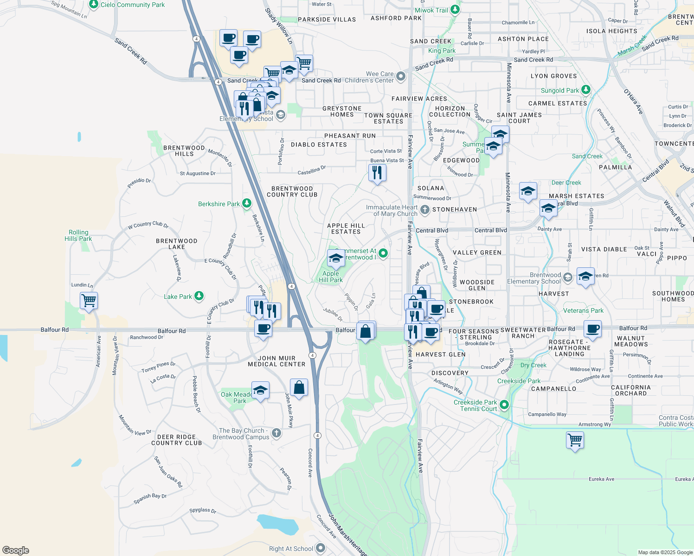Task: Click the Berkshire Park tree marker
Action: point(247,203)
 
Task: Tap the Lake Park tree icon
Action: point(199,296)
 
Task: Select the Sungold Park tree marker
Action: point(586,90)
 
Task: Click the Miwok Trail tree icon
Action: point(456,10)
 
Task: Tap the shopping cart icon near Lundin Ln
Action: point(89,300)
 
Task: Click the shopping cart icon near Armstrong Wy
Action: point(575,439)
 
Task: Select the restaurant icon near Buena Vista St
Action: point(377,173)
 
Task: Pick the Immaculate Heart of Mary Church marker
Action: point(424,210)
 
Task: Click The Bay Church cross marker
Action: point(276,433)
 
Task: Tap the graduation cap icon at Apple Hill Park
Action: point(336,259)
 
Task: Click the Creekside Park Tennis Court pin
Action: point(504,405)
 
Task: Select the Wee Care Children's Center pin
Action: point(401,76)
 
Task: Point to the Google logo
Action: point(16,550)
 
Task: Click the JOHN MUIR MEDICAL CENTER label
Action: point(276,361)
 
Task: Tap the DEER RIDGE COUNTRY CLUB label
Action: point(177,440)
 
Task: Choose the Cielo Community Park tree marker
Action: point(94,5)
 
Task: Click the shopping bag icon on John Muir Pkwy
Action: point(299,387)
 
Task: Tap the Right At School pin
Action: point(321,548)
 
